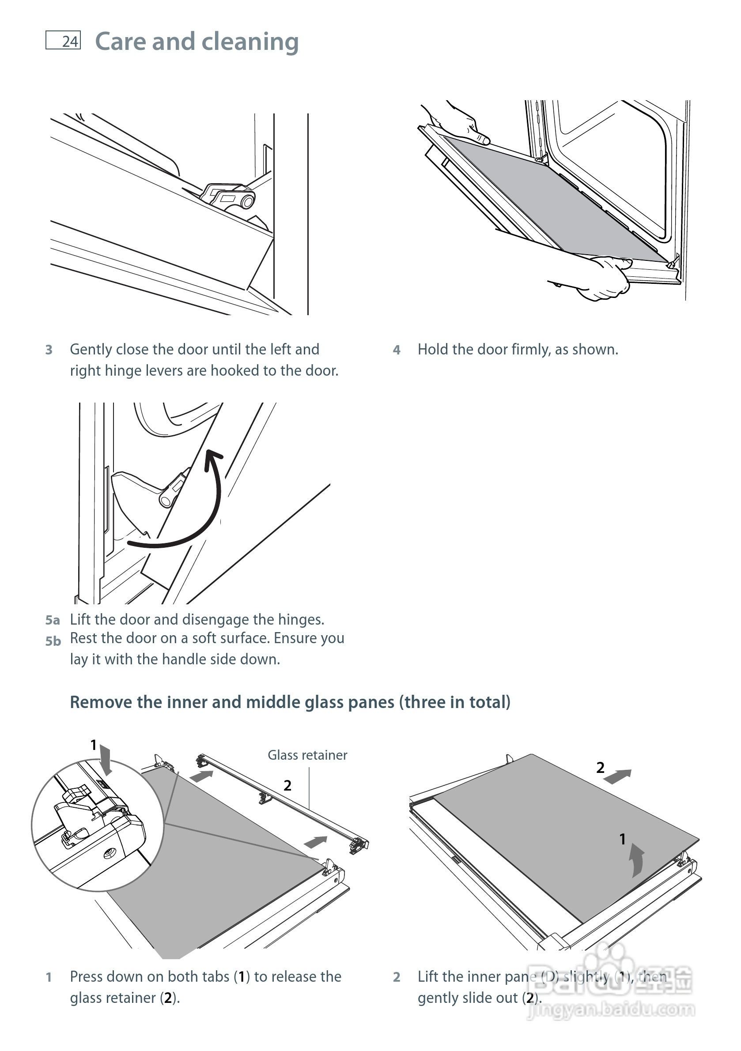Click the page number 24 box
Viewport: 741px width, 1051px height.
(x=63, y=40)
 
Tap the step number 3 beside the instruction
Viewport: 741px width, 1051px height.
(x=49, y=350)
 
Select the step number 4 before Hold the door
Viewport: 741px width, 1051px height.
(x=397, y=350)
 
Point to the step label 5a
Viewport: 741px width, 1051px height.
(x=52, y=620)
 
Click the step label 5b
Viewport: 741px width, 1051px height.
(x=53, y=641)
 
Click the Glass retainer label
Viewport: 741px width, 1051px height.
(x=307, y=755)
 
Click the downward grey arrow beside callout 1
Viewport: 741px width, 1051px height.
(x=106, y=759)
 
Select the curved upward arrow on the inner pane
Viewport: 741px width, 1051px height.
(x=637, y=861)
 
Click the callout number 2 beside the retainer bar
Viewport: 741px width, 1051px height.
(x=287, y=786)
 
